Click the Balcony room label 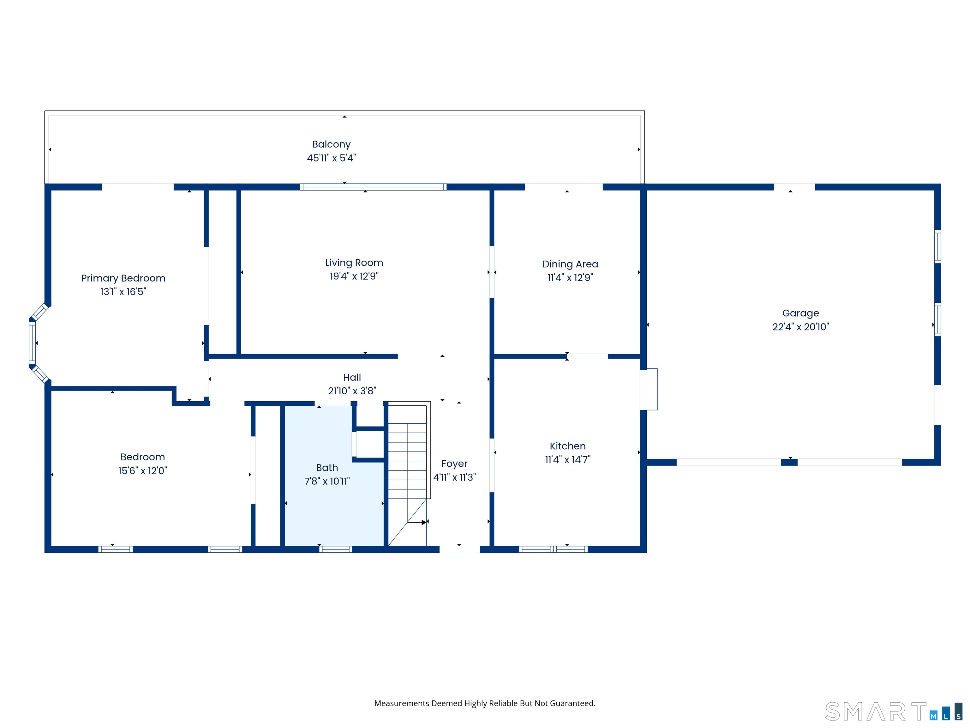tap(331, 144)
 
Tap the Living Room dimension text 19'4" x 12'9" tap(354, 276)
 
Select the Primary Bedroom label tap(123, 278)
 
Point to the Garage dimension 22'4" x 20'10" tap(800, 327)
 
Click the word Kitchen tap(567, 446)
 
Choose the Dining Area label tap(570, 264)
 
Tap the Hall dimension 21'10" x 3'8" tap(352, 391)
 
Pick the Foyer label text tap(454, 464)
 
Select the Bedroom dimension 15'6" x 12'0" tap(142, 471)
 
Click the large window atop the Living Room tap(373, 187)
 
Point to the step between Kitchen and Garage tap(649, 389)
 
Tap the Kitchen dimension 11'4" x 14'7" tap(567, 460)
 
